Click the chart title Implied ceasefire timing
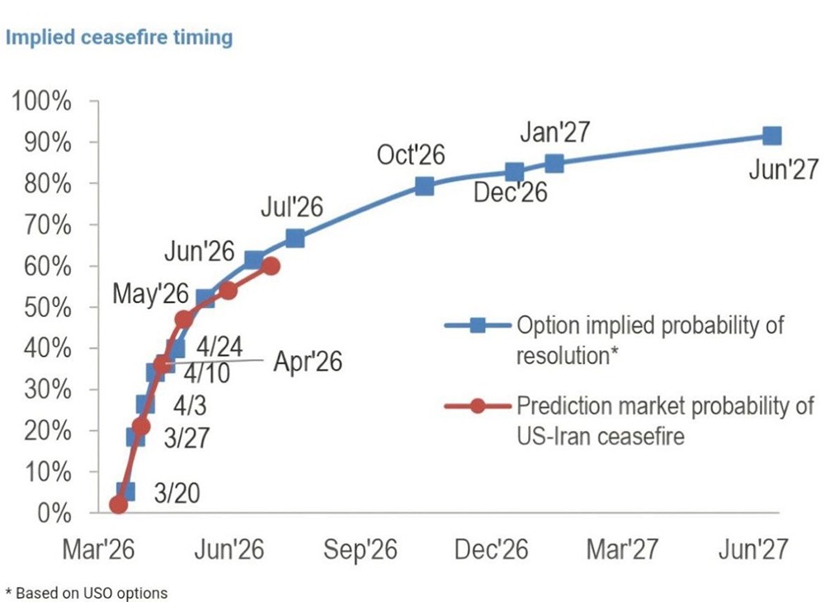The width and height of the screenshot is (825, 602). click(119, 38)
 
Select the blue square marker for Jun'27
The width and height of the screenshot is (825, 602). click(772, 135)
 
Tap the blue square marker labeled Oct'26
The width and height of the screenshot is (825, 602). click(424, 186)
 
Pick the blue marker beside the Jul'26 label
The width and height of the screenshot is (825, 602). click(295, 238)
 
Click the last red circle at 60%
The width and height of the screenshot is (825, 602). click(270, 266)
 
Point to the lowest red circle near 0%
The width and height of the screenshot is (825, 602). click(119, 504)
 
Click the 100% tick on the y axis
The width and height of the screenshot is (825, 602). click(40, 102)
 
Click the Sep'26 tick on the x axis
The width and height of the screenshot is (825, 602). click(359, 549)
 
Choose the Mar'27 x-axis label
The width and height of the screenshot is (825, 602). click(622, 549)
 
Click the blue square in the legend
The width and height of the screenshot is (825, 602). click(478, 325)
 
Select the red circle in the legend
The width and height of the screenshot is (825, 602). click(478, 406)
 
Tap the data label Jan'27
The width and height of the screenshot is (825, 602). click(557, 132)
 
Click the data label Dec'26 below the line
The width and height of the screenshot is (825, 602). click(511, 193)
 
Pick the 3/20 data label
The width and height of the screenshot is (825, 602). click(177, 493)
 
